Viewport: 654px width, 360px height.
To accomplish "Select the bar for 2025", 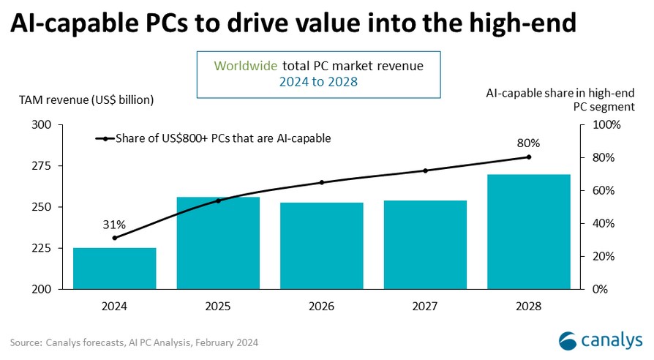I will pyautogui.click(x=218, y=243).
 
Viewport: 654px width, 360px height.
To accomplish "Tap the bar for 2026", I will pyautogui.click(x=322, y=245).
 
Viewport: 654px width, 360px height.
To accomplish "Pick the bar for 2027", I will pyautogui.click(x=425, y=244).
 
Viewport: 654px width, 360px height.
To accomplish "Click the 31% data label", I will pyautogui.click(x=114, y=223).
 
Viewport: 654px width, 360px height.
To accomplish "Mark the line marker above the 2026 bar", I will pyautogui.click(x=322, y=182).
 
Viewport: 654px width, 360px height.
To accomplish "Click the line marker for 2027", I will pyautogui.click(x=425, y=170).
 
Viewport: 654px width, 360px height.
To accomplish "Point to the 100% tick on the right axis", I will pyautogui.click(x=604, y=125).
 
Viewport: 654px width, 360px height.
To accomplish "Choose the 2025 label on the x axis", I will pyautogui.click(x=218, y=306).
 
